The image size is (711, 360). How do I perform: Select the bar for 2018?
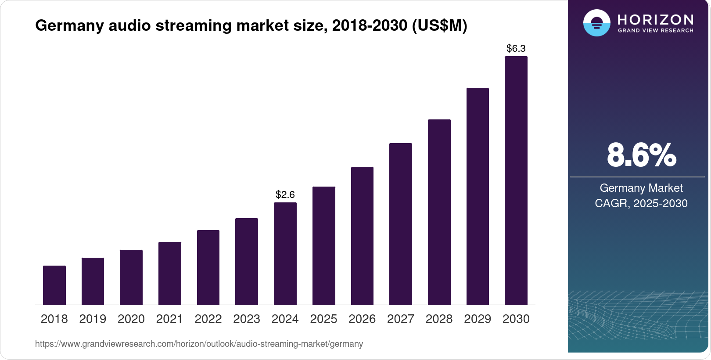(x=54, y=285)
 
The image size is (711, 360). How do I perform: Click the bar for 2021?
(x=170, y=273)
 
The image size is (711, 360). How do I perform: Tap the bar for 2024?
(x=285, y=253)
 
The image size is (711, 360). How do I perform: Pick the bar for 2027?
(x=401, y=224)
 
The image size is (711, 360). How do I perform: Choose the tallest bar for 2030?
(x=516, y=180)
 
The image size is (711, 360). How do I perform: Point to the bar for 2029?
(x=478, y=196)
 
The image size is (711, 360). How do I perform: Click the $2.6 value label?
(x=285, y=194)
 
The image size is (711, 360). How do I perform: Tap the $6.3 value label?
(x=516, y=48)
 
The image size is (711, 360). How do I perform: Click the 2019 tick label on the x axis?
(x=93, y=319)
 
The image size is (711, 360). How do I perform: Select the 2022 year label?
(x=208, y=319)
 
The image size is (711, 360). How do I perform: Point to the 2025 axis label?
(x=323, y=319)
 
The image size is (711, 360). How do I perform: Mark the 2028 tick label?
(x=439, y=319)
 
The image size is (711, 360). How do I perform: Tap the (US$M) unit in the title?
(x=439, y=26)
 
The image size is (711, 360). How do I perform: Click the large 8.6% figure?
(x=641, y=155)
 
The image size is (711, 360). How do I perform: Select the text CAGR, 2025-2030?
(x=641, y=203)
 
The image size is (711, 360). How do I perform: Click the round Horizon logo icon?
(x=596, y=23)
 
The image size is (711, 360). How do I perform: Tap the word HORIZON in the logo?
(x=655, y=19)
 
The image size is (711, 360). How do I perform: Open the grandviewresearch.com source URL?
(x=199, y=344)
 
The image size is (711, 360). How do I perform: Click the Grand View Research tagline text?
(x=655, y=31)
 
